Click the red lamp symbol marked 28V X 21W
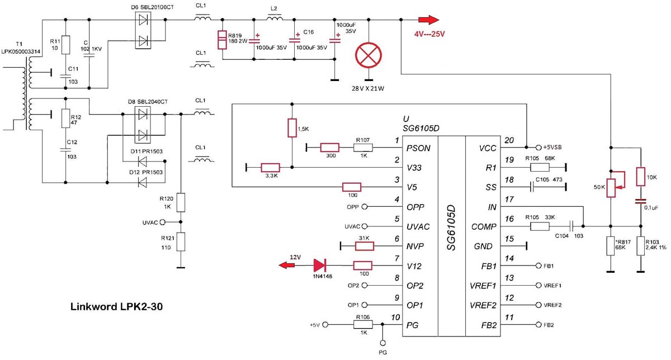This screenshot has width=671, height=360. click(368, 55)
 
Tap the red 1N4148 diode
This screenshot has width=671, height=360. click(320, 266)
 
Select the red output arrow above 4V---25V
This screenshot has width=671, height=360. click(429, 20)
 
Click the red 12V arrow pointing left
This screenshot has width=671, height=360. click(287, 266)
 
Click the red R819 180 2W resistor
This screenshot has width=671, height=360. click(222, 40)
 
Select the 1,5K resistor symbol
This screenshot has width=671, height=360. click(292, 128)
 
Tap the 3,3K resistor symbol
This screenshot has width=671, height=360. click(271, 167)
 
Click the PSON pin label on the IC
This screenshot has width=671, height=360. click(418, 148)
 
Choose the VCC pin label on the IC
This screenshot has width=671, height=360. click(488, 148)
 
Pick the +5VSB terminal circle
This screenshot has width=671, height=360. click(538, 148)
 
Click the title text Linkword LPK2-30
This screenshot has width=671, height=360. click(116, 307)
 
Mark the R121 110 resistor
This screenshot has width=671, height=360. click(181, 241)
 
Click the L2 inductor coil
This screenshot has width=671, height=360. click(275, 18)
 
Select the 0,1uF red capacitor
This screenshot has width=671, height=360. click(640, 201)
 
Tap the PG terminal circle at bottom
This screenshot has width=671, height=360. click(382, 343)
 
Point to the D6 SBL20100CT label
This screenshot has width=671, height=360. click(152, 7)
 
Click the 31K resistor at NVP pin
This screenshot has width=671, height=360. click(365, 246)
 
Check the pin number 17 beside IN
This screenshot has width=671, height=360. click(509, 199)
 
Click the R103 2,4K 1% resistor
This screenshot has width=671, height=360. click(640, 246)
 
